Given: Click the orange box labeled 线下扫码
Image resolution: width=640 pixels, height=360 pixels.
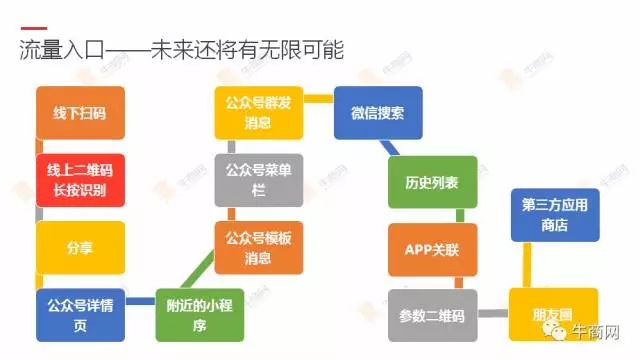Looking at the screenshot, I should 80,114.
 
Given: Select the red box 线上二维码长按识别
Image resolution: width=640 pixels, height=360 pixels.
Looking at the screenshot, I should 80,180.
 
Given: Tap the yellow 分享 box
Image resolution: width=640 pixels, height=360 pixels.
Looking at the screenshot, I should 80,246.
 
